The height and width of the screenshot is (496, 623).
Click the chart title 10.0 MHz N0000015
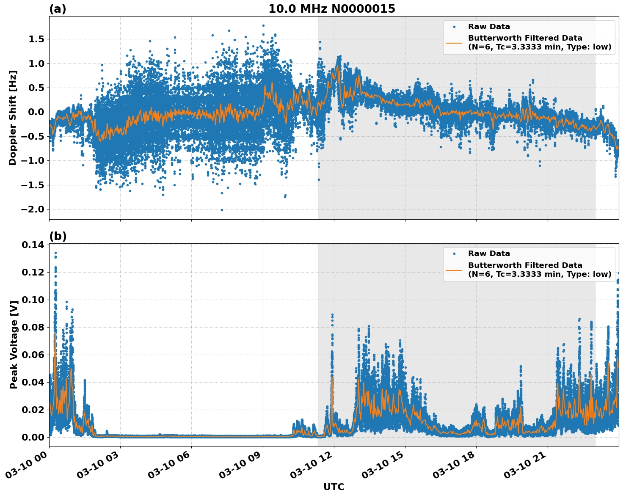coord(331,9)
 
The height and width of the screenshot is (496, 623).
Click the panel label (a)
coord(58,9)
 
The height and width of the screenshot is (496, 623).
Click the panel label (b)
coord(58,236)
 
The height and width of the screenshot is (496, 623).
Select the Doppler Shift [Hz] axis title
coord(13,118)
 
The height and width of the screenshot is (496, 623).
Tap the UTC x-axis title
coord(334,487)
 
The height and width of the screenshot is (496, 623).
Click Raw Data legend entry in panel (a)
coord(489,27)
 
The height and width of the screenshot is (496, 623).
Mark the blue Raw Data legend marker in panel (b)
coord(454,254)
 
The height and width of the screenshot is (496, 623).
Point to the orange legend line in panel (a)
coord(454,43)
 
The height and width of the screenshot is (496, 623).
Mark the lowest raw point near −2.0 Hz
coord(222,210)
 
